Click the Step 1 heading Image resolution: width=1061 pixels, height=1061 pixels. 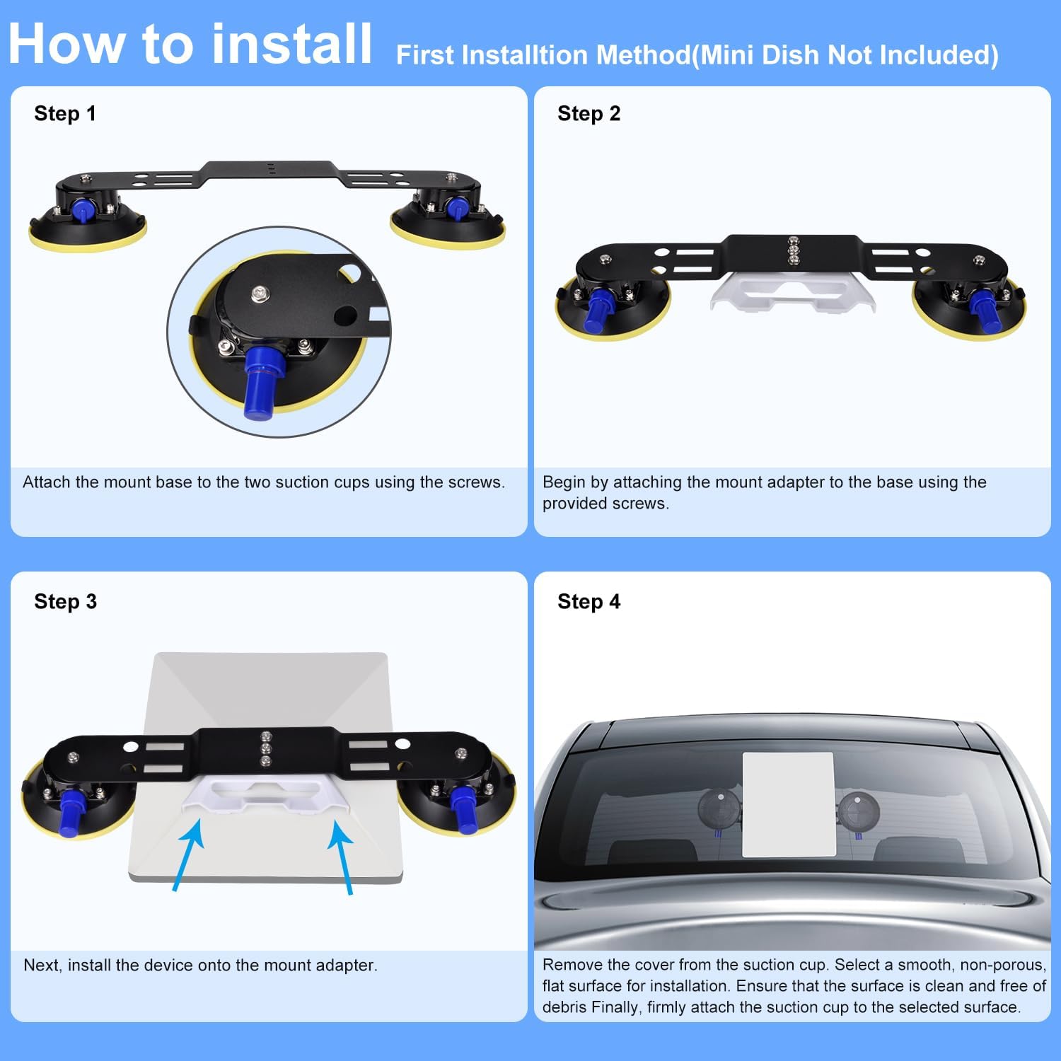(x=64, y=113)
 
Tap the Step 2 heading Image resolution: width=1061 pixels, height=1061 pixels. (x=589, y=113)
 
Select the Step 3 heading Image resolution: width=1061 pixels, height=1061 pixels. (x=65, y=601)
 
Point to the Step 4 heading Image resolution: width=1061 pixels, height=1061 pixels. (x=589, y=601)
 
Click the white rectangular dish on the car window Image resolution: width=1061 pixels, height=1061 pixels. (x=788, y=804)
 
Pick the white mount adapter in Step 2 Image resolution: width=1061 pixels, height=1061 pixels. (x=792, y=294)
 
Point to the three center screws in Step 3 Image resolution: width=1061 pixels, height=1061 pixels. (x=266, y=748)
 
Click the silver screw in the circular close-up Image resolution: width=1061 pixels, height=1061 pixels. (x=260, y=291)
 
